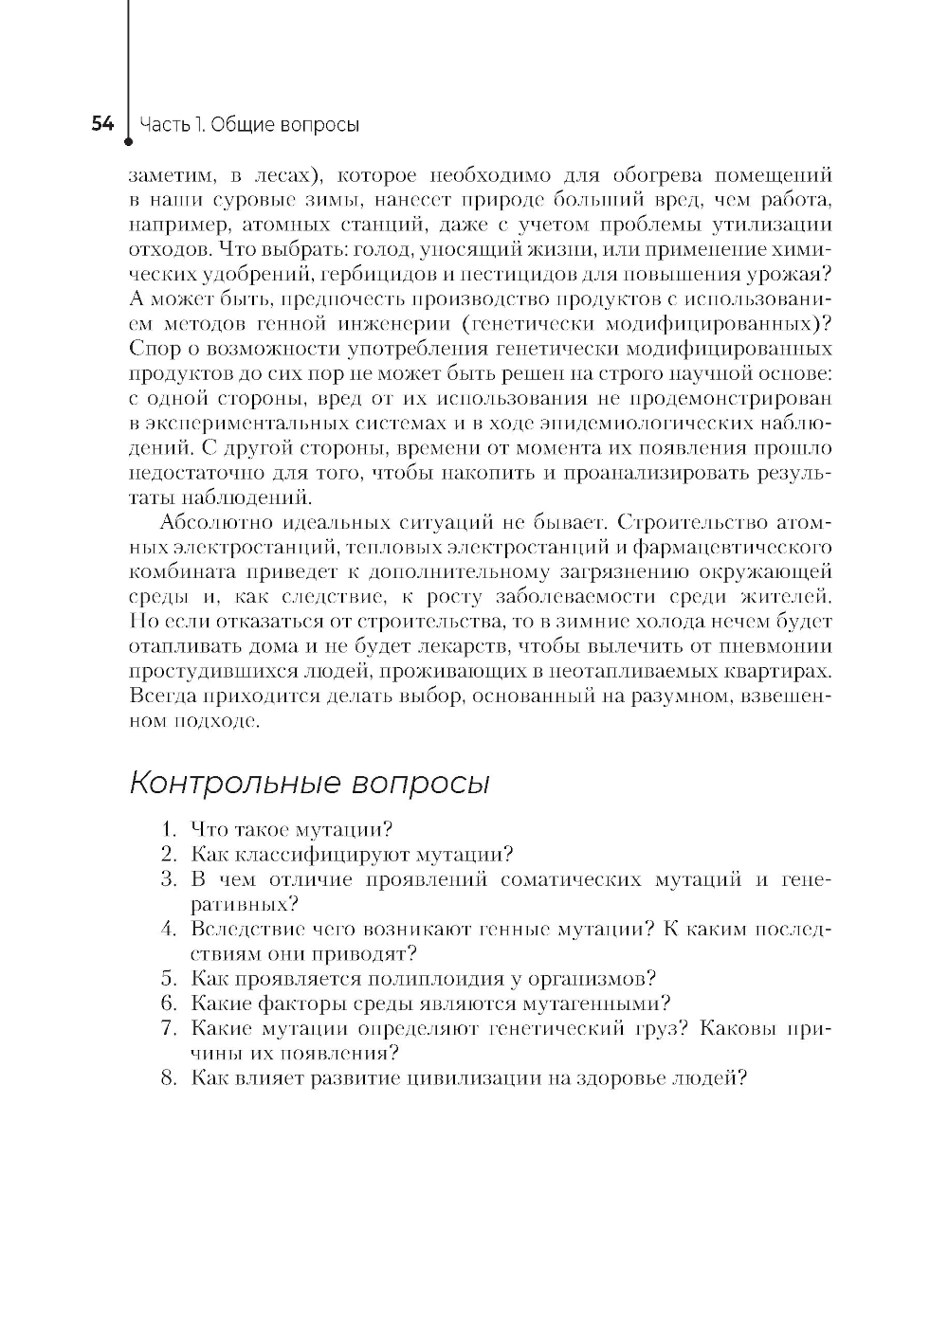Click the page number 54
(x=102, y=124)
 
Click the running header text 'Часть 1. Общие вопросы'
(x=249, y=125)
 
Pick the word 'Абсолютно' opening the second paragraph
(x=205, y=522)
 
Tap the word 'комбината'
(x=171, y=571)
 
